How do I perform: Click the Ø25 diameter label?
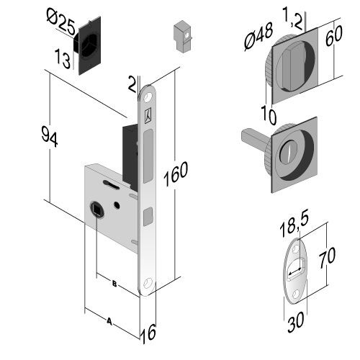(x=61, y=22)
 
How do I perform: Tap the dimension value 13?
(x=63, y=58)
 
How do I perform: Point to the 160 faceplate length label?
(x=176, y=174)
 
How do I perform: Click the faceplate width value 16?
(x=149, y=333)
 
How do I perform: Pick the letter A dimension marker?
(x=109, y=321)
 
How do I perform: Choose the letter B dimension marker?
(x=114, y=284)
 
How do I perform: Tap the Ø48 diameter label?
(x=258, y=36)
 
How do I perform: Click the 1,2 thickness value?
(x=293, y=17)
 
